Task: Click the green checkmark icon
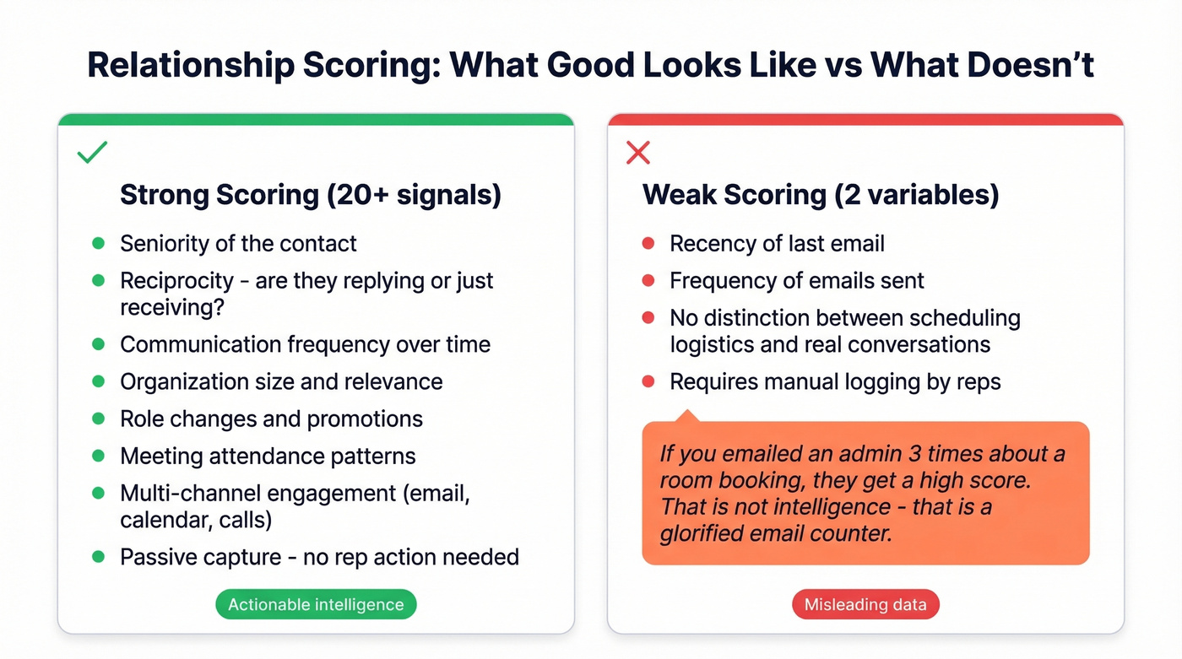(x=92, y=153)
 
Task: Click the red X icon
(x=637, y=153)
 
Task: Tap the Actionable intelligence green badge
(x=316, y=604)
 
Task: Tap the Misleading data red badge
(x=865, y=604)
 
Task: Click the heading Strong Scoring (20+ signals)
(x=311, y=195)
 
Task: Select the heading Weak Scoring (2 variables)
(x=821, y=195)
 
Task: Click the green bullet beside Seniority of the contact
(x=98, y=244)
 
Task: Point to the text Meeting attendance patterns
(x=268, y=456)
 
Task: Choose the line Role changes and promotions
(x=271, y=419)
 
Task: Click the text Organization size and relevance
(x=281, y=381)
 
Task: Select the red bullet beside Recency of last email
(x=648, y=244)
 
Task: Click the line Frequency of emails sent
(x=797, y=280)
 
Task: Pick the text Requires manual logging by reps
(x=835, y=381)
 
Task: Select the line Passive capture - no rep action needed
(x=319, y=557)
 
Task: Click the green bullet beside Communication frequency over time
(x=98, y=344)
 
